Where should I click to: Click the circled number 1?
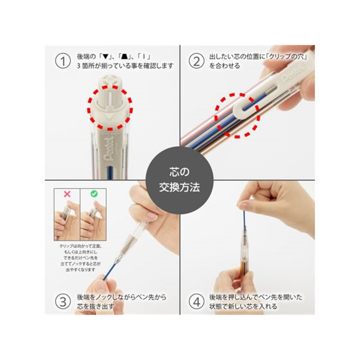[63, 61]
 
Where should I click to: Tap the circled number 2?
[196, 61]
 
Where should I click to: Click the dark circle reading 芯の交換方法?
[180, 180]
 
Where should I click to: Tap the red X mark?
[67, 194]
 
